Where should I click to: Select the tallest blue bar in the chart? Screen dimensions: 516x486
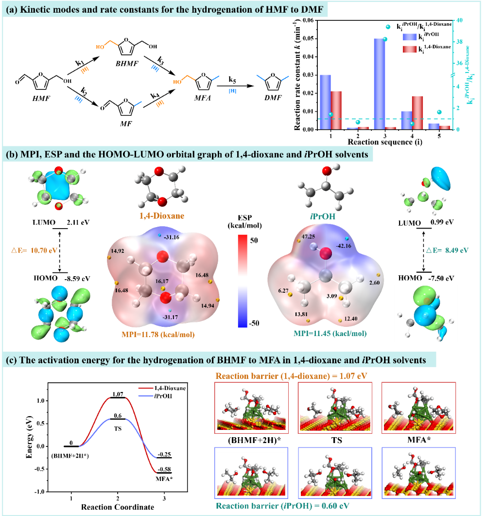click(x=379, y=83)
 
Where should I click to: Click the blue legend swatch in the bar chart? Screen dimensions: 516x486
click(x=410, y=37)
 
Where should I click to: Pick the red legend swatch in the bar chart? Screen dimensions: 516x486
click(x=410, y=49)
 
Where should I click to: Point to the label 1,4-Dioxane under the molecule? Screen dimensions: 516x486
click(x=161, y=215)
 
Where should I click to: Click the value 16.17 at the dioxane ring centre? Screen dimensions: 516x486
click(x=163, y=281)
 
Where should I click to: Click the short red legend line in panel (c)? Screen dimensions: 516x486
click(x=146, y=388)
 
